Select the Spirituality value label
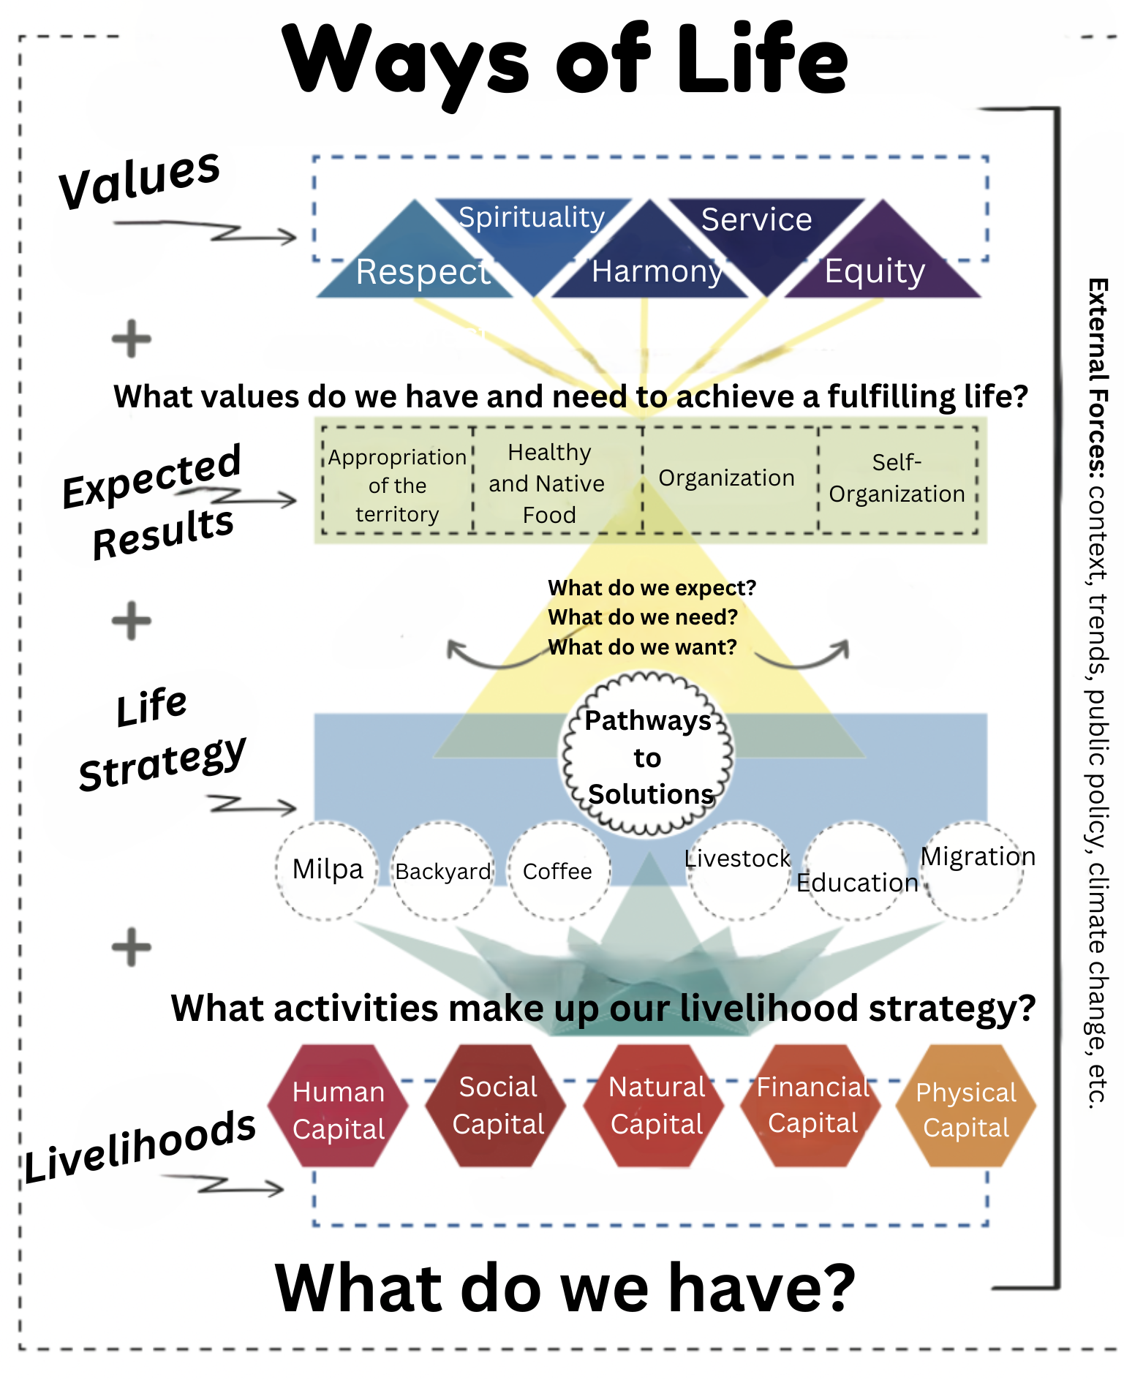532,217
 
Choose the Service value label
756,219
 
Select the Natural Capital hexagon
656,1105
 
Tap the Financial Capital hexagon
812,1105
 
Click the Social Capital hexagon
497,1105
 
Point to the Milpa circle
328,870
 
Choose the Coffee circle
558,871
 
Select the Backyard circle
443,871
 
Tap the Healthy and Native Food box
548,483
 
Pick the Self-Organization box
897,479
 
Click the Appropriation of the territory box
397,485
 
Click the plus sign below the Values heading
132,339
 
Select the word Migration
977,856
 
